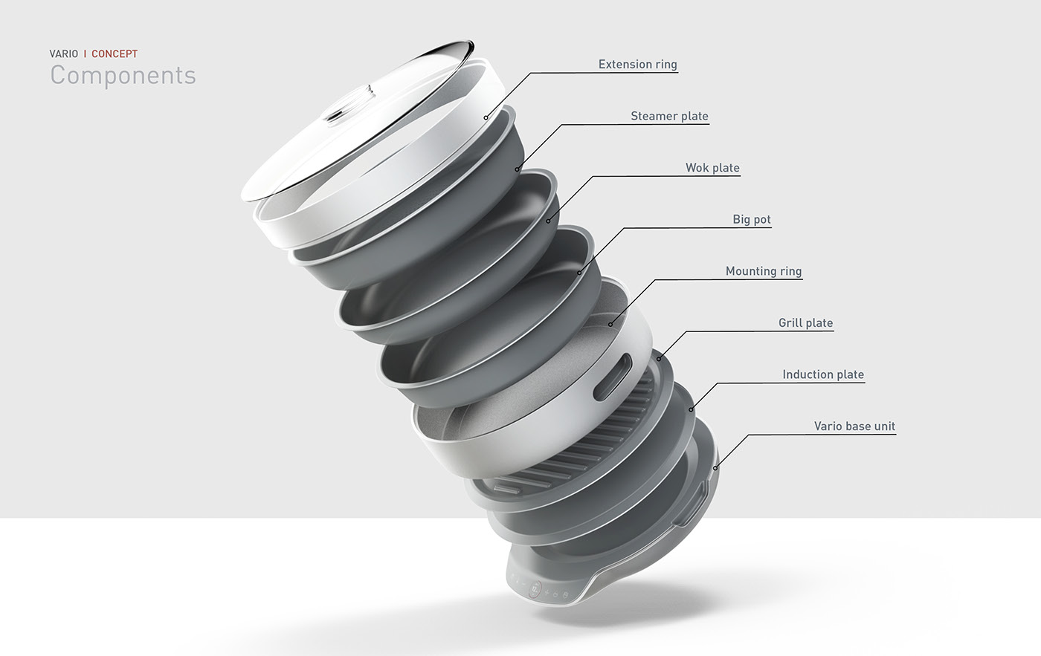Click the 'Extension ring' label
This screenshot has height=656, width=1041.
coord(637,65)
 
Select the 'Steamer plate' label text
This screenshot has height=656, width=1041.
coord(669,116)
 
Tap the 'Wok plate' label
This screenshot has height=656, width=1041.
coord(712,168)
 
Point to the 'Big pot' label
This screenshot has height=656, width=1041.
coord(752,219)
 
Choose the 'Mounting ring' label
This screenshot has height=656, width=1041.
coord(764,271)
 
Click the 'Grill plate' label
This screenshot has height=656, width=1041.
coord(805,322)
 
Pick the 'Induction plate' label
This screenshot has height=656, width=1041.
coord(823,374)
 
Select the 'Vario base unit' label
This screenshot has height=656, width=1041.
coord(854,426)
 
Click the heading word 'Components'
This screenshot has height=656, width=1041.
coord(123,75)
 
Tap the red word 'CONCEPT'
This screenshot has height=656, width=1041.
coord(115,53)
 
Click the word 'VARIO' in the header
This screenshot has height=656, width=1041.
coord(64,53)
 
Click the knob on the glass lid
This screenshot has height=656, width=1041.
coord(336,114)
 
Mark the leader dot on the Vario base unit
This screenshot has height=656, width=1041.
coord(715,468)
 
